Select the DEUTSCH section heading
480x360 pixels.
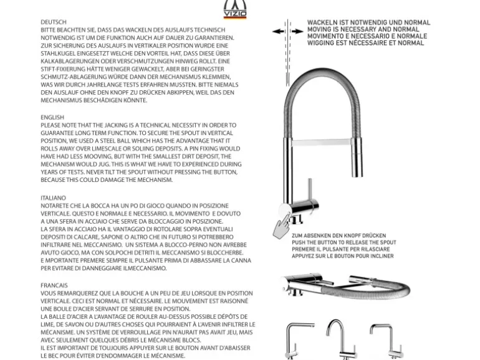53,21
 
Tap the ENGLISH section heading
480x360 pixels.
52,117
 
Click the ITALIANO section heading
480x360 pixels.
53,197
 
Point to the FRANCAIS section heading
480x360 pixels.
54,285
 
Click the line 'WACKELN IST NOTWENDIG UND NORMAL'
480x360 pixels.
368,23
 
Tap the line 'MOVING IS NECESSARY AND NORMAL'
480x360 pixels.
363,30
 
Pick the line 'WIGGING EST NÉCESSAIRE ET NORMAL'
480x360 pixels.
365,44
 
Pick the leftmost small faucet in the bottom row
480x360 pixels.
297,339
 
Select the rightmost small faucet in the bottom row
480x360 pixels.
382,339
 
